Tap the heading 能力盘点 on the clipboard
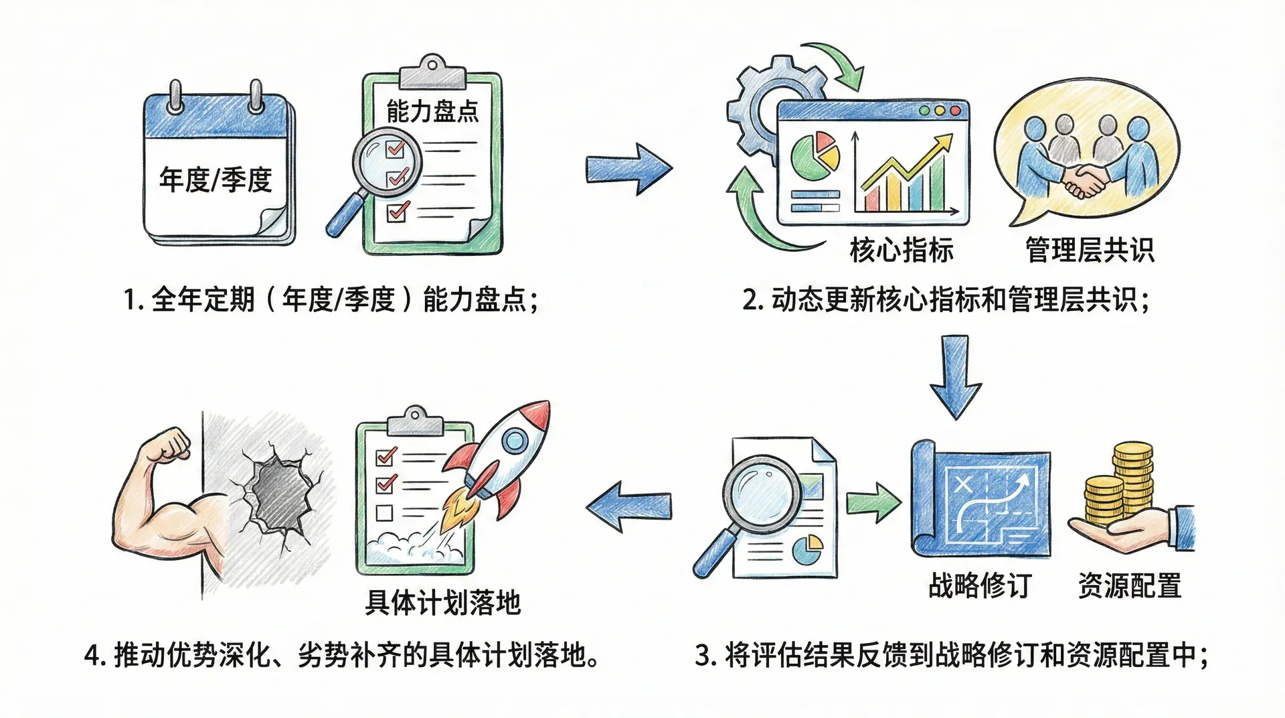432,111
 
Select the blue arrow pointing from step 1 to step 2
628,169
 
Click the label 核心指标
901,250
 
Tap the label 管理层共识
1090,250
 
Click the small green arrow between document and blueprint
873,503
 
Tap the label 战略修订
980,585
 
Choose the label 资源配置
1129,585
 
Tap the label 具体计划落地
442,603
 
